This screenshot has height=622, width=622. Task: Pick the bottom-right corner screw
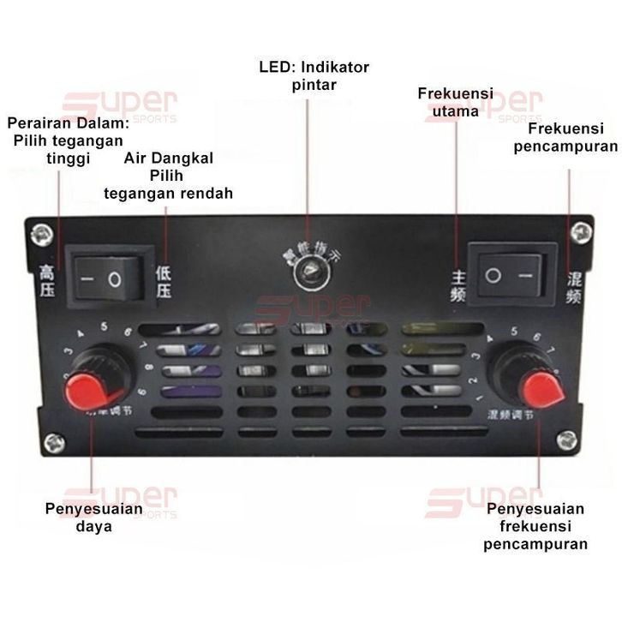pyautogui.click(x=566, y=440)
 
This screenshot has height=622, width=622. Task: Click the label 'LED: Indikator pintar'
pyautogui.click(x=314, y=75)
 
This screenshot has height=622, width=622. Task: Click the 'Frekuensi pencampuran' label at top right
pyautogui.click(x=565, y=137)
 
